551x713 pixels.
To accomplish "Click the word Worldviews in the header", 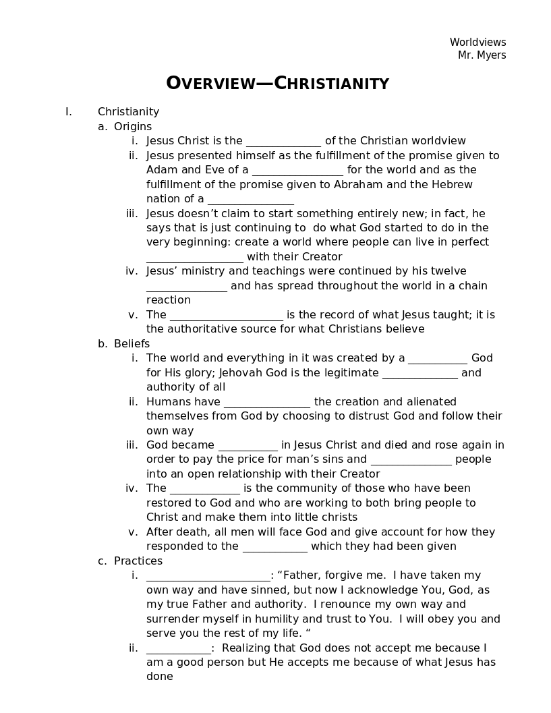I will click(x=477, y=42).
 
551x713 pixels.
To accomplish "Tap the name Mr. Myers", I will click(x=482, y=55).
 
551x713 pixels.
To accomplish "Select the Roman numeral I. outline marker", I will click(x=68, y=112).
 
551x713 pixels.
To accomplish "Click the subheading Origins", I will click(x=133, y=127).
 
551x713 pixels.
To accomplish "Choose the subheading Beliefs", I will click(x=132, y=344).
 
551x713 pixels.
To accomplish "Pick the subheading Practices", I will click(x=138, y=561).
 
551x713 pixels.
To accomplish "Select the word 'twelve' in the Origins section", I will click(x=449, y=271).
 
